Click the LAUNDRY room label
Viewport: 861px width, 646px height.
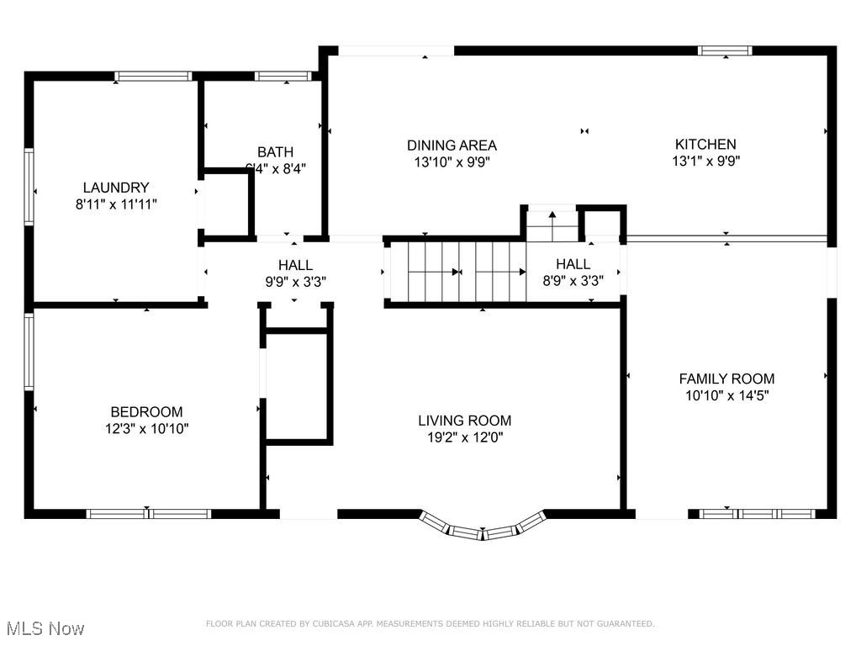click(x=116, y=188)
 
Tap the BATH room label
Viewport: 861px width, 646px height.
click(x=276, y=152)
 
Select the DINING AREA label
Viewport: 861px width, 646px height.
click(x=452, y=145)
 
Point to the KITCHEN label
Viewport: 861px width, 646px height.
click(x=705, y=145)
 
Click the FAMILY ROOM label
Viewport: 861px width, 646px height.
click(x=726, y=379)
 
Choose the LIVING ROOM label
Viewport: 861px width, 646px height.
click(x=464, y=421)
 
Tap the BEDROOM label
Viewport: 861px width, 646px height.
click(x=146, y=412)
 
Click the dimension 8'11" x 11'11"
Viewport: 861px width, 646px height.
click(x=116, y=204)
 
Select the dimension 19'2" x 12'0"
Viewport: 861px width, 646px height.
click(x=464, y=437)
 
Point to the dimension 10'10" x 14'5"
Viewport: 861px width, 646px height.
click(x=726, y=394)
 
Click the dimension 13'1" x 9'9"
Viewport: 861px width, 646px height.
click(x=705, y=161)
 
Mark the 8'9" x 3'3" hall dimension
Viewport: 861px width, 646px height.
click(x=573, y=280)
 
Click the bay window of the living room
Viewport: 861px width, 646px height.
click(x=483, y=527)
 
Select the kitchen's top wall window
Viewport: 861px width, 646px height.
click(x=726, y=50)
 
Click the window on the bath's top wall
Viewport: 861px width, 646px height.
click(x=283, y=77)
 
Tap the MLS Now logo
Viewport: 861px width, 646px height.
click(x=45, y=628)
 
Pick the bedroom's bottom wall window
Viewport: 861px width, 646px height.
click(x=149, y=513)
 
